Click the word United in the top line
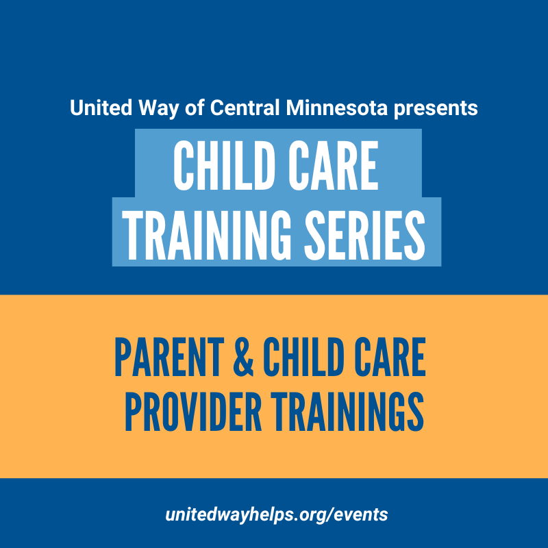[x=101, y=108]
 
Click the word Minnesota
[x=337, y=108]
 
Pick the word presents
[x=436, y=109]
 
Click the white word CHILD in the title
[x=224, y=166]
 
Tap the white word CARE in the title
[x=334, y=166]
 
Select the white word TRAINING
[x=206, y=235]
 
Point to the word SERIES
[x=364, y=235]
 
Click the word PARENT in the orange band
[x=169, y=357]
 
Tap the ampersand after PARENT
[x=243, y=357]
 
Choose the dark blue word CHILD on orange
[x=302, y=357]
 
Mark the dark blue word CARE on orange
[x=390, y=357]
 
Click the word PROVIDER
[x=193, y=412]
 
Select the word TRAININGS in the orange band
[x=347, y=412]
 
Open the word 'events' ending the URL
[x=361, y=515]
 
